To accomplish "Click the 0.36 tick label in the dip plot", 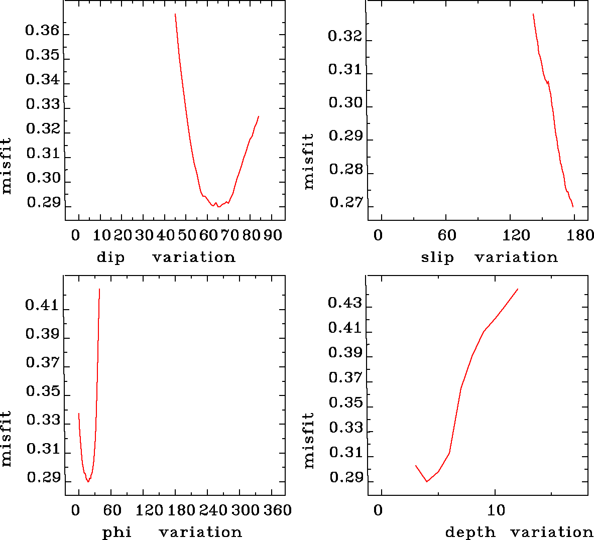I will (42, 31).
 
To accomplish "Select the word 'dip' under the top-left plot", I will (110, 257).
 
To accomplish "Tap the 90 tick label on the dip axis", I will (273, 235).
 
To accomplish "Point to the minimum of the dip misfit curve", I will (219, 206).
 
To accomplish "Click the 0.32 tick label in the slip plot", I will (345, 37).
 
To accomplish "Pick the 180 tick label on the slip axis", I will (582, 235).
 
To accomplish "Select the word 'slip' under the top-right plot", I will (437, 257).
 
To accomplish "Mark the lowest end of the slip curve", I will (572, 206).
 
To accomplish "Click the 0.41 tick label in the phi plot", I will (42, 305).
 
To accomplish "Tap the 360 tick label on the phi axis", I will (278, 511).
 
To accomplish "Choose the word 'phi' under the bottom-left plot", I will (117, 532).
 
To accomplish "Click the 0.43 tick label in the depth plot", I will (345, 303).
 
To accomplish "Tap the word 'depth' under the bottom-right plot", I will (470, 532).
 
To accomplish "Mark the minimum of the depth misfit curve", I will (427, 481).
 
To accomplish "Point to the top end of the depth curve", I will (517, 289).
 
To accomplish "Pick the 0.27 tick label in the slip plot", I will (345, 203).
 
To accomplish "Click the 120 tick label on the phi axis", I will (150, 511).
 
